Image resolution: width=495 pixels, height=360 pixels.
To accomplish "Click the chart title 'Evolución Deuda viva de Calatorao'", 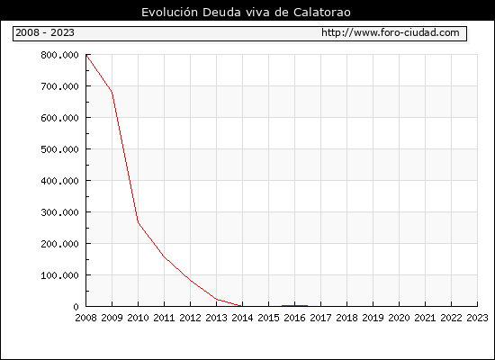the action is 246,13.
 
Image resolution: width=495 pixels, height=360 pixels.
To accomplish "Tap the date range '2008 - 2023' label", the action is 45,32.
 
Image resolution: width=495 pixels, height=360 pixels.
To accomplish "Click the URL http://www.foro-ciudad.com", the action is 391,32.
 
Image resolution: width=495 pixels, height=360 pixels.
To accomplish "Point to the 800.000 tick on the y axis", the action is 59,55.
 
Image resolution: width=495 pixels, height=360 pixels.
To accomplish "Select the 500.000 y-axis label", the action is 59,149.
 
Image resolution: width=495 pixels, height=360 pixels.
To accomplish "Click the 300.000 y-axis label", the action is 59,212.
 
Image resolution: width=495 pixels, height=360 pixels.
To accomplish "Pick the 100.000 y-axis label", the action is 59,275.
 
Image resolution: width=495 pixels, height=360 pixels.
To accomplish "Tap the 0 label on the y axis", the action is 76,307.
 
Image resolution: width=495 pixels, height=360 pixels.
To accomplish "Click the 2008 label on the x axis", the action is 85,318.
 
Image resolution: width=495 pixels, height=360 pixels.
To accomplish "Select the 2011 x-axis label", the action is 164,318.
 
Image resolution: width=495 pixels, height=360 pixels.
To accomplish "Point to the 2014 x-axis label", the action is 242,318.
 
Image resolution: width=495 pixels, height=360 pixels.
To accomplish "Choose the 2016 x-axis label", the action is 294,318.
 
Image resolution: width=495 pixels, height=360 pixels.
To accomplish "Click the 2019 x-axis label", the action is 373,318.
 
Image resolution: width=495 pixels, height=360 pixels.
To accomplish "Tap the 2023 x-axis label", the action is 477,318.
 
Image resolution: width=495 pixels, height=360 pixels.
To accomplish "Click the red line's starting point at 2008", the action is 86,55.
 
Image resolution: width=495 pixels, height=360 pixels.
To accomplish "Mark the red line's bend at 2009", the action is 112,92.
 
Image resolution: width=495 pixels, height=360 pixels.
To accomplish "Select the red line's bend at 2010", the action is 138,222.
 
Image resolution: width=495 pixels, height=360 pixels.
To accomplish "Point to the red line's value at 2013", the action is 217,299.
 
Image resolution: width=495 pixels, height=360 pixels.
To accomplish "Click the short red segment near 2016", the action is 294,306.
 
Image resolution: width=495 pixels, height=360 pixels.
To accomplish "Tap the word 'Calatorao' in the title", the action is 322,13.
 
